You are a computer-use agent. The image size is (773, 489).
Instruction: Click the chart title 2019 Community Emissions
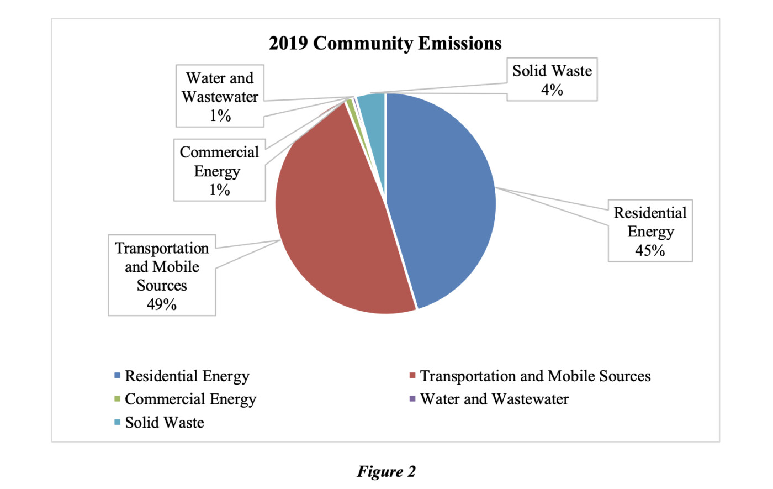click(385, 43)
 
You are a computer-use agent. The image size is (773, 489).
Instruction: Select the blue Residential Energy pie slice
click(442, 199)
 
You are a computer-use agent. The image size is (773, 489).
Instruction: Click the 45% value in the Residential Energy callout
click(650, 250)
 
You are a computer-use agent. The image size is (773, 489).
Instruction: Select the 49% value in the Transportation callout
click(161, 304)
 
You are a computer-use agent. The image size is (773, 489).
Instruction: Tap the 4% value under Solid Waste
click(552, 90)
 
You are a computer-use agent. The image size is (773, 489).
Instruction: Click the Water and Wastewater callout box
click(220, 96)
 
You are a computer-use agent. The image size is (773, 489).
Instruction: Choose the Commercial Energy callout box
click(219, 170)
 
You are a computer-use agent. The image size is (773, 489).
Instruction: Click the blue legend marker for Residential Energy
click(117, 376)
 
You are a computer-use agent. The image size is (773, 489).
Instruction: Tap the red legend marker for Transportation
click(412, 376)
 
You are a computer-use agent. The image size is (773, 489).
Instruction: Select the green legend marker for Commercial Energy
click(117, 399)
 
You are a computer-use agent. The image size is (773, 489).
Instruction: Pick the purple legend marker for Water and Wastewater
click(412, 399)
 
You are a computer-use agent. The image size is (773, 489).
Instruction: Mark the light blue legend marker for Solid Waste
click(117, 423)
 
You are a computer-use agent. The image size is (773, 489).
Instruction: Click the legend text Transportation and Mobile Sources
click(535, 376)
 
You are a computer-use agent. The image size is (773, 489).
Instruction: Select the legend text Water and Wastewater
click(494, 399)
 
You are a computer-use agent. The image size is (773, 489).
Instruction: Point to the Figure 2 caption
click(386, 471)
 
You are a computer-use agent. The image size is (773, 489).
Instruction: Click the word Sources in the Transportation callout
click(162, 285)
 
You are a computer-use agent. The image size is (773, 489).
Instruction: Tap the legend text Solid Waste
click(165, 423)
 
